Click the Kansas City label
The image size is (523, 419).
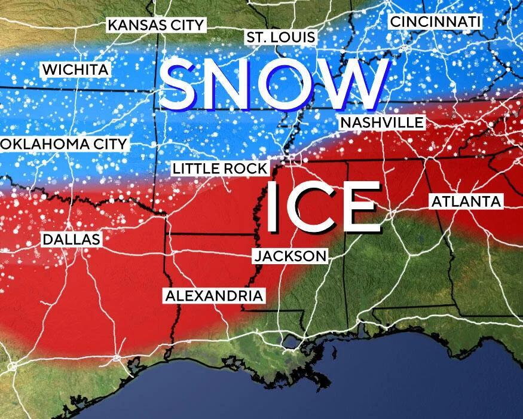[156, 25]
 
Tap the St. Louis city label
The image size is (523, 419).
[280, 38]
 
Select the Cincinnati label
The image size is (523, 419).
[435, 22]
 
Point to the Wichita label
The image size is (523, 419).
[75, 70]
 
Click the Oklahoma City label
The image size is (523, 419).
[64, 144]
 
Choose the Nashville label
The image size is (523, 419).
[382, 123]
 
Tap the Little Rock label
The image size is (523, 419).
[219, 169]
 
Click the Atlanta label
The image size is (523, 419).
[466, 201]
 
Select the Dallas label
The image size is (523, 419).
[71, 240]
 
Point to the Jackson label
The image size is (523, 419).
[290, 256]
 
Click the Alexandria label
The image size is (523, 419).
[213, 295]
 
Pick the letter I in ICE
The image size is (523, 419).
[274, 207]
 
